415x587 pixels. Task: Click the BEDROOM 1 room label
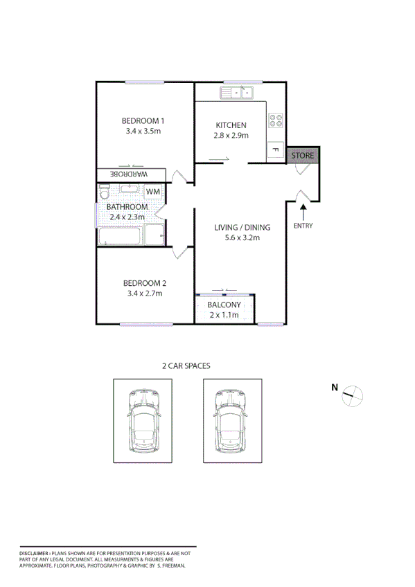click(x=143, y=120)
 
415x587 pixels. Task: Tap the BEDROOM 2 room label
click(x=143, y=282)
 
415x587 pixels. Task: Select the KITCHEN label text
click(x=231, y=125)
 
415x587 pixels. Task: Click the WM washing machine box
click(x=153, y=192)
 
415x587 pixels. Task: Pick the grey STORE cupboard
click(x=303, y=156)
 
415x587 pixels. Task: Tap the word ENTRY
click(x=303, y=226)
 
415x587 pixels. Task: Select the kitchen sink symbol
click(x=238, y=91)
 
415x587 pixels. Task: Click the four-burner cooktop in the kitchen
click(x=276, y=120)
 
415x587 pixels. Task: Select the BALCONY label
click(x=224, y=305)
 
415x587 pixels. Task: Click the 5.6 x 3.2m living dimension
click(x=242, y=237)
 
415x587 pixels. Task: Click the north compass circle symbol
click(x=353, y=395)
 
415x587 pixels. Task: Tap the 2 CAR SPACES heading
click(x=186, y=365)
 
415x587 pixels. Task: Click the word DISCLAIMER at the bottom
click(x=34, y=554)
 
